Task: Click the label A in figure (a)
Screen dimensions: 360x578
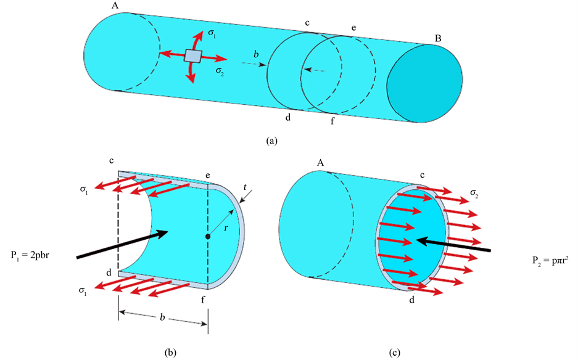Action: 115,5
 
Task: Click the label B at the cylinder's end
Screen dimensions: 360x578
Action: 437,38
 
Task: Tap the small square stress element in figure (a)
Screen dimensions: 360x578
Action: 193,57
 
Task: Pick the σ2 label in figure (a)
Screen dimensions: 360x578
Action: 220,71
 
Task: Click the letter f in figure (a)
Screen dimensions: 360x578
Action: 332,120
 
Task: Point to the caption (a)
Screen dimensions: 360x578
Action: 270,141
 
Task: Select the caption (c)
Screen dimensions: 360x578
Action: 395,352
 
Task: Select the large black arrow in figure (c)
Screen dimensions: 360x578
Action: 453,245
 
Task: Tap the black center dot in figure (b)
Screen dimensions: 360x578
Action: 208,236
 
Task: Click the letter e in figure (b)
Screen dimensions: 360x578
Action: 208,175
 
